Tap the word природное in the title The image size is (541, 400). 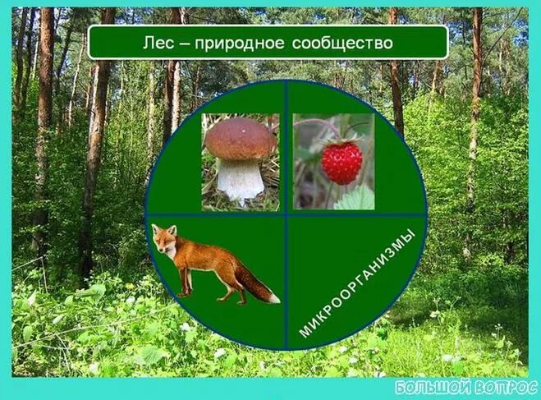250,43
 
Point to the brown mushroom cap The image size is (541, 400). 240,138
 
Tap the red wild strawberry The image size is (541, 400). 341,162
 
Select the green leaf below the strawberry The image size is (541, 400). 355,198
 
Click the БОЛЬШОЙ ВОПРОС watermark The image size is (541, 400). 465,387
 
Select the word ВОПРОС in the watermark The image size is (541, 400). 504,387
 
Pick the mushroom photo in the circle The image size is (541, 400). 240,162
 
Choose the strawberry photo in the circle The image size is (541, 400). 333,162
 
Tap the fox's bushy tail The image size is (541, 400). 254,283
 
